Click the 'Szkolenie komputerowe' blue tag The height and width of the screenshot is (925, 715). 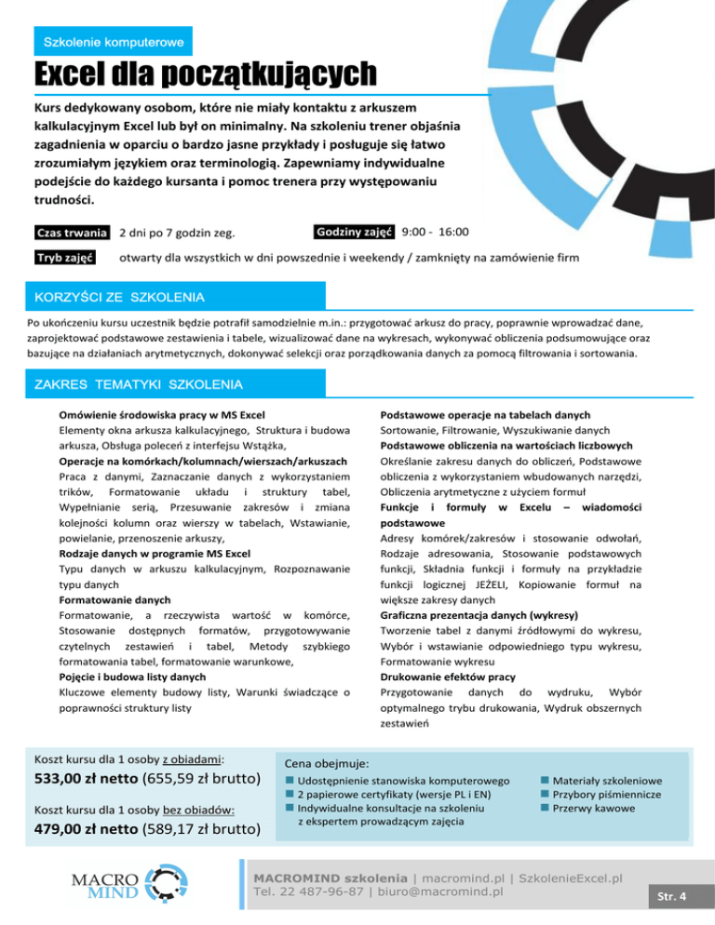(113, 42)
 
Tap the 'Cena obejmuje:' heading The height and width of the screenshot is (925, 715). (327, 761)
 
